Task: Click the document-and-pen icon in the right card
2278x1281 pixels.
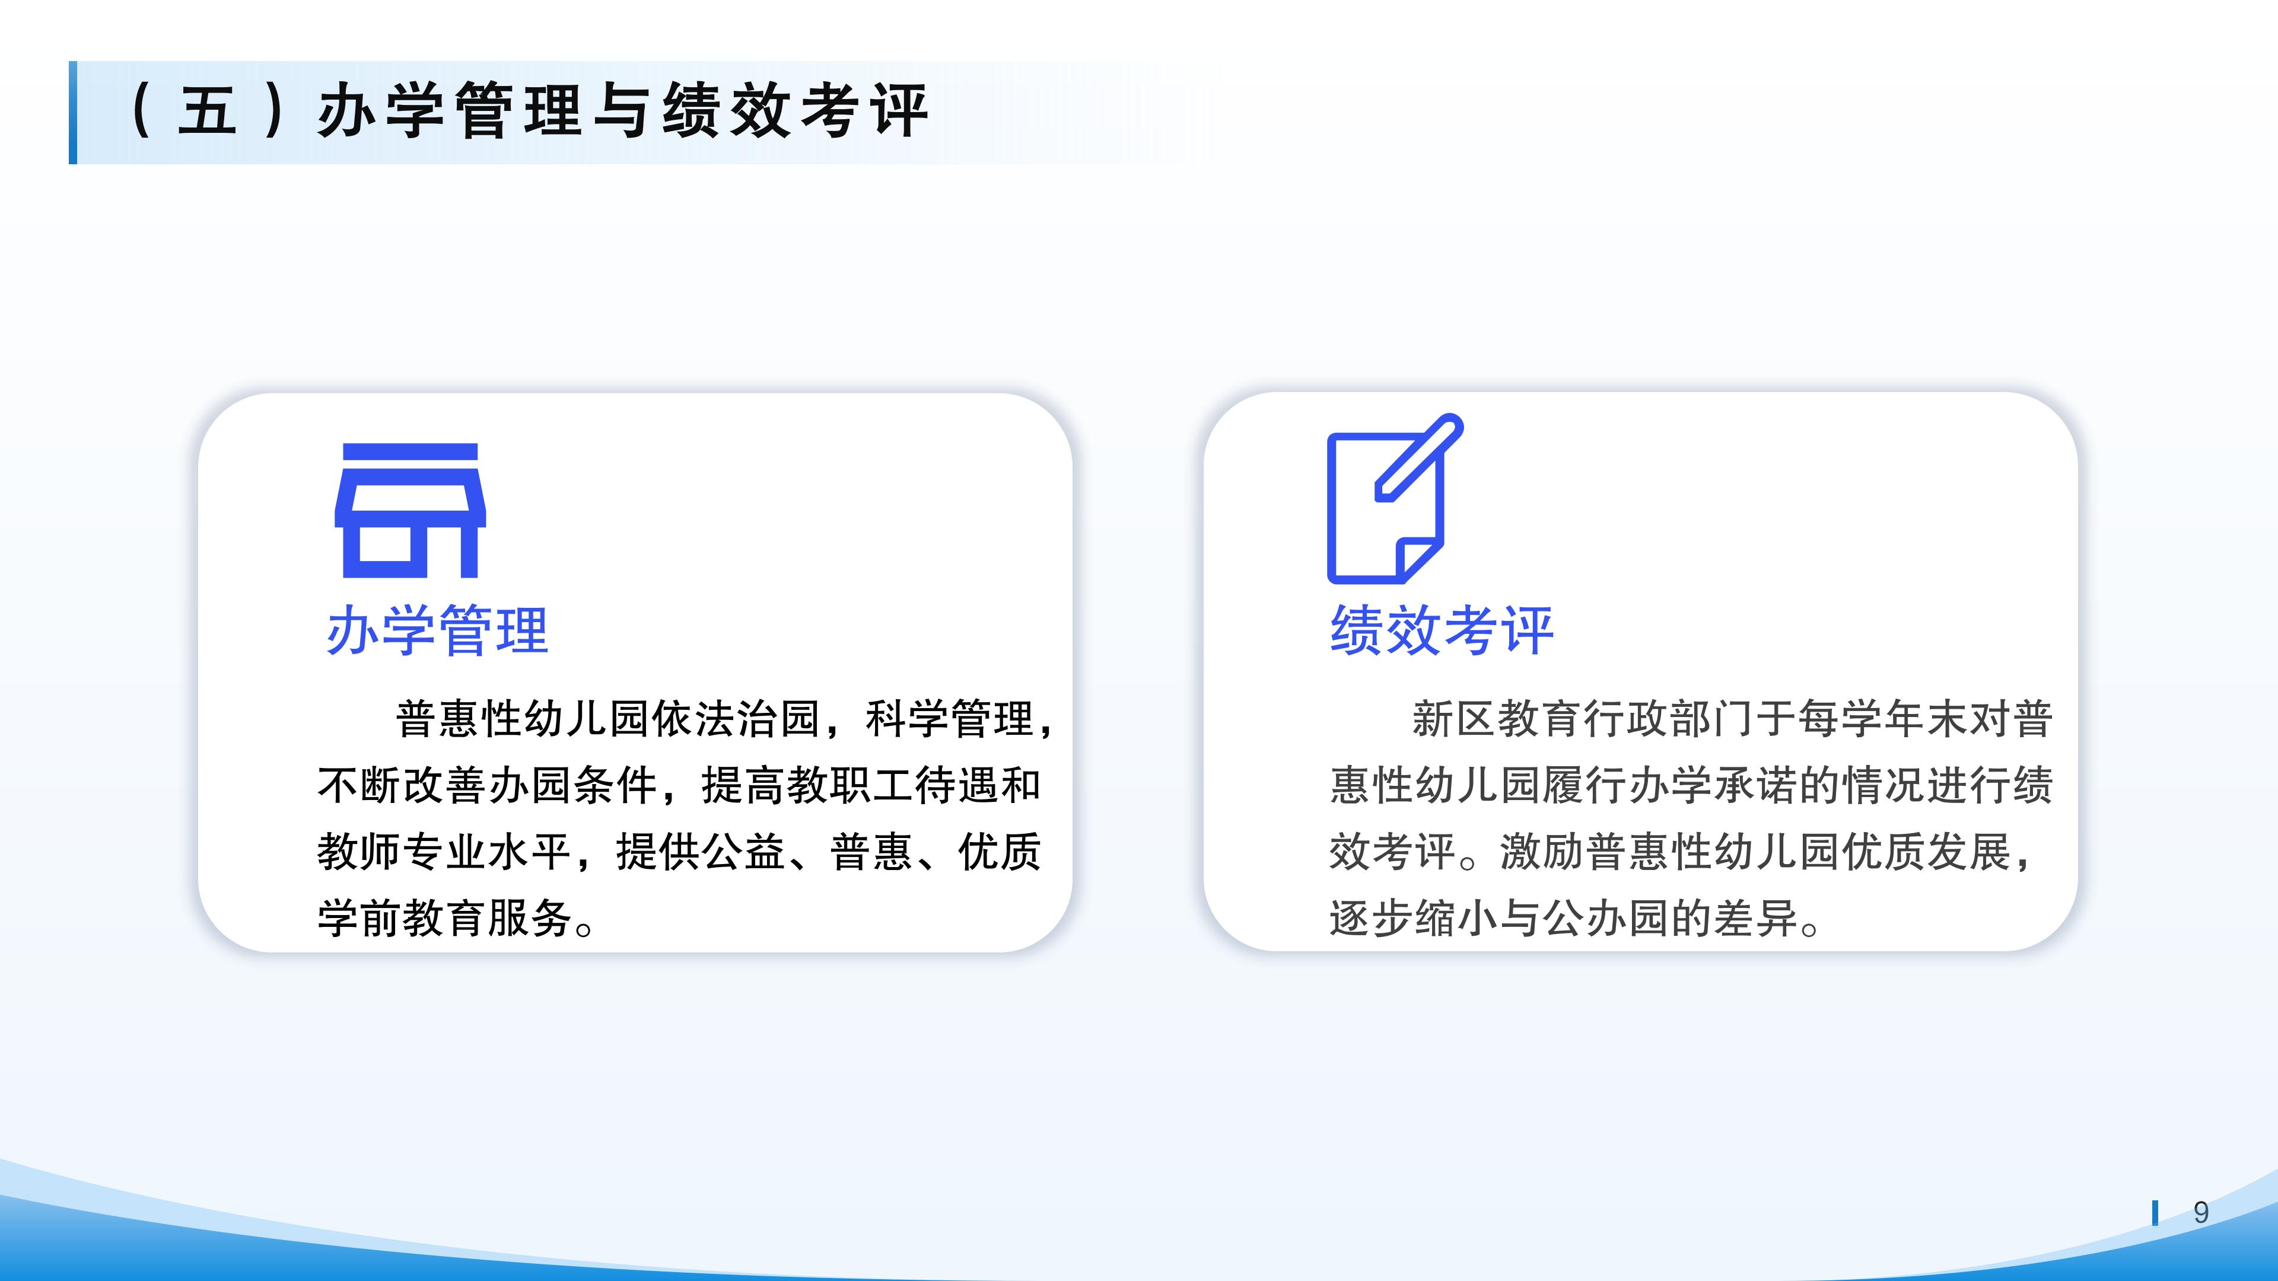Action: (x=1393, y=499)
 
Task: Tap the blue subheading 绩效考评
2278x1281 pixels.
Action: (x=1442, y=631)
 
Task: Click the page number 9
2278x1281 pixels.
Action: (x=2201, y=1212)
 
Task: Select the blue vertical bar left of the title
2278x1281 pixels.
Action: (x=72, y=112)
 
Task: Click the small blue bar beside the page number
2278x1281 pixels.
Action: (x=2155, y=1213)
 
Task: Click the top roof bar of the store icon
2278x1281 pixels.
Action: (x=409, y=452)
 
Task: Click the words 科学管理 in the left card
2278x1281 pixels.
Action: (x=950, y=719)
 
